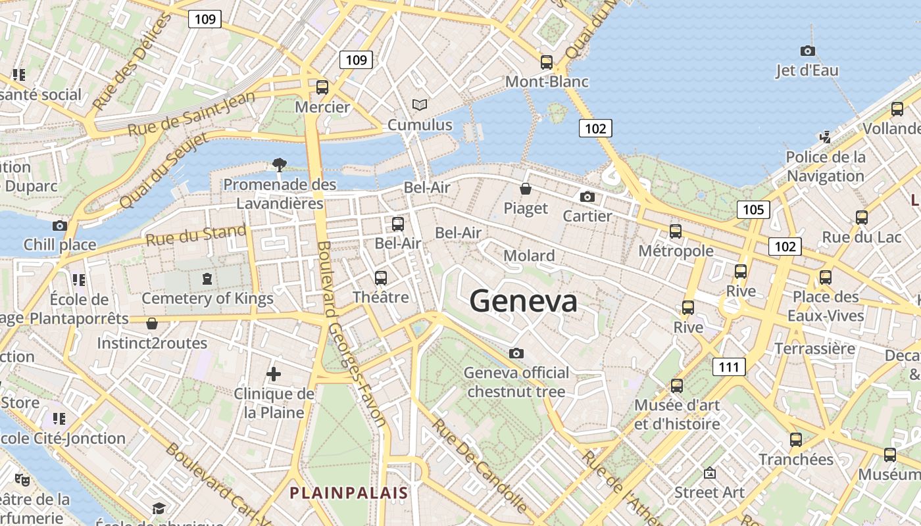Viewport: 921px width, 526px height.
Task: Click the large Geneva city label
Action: click(x=524, y=301)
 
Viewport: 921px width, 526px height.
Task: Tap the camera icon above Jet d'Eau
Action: click(x=807, y=51)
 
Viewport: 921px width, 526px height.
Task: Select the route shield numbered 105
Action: click(x=753, y=210)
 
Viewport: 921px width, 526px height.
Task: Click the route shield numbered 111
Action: click(x=729, y=367)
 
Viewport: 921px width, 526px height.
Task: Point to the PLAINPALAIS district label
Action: click(x=349, y=492)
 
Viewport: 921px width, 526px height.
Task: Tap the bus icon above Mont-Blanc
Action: click(x=547, y=62)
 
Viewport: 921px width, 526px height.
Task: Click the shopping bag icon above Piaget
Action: click(x=526, y=189)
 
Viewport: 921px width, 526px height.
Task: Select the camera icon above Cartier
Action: click(x=587, y=197)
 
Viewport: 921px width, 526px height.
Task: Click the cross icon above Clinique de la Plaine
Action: click(x=274, y=375)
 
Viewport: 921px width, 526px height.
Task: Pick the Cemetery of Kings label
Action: click(x=208, y=299)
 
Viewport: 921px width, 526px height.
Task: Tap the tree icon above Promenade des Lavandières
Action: click(x=280, y=164)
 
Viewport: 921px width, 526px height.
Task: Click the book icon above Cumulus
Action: click(x=420, y=105)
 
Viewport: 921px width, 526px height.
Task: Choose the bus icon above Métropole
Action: click(x=676, y=231)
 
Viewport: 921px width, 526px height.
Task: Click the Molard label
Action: click(x=529, y=256)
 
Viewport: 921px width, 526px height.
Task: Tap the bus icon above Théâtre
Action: click(x=381, y=278)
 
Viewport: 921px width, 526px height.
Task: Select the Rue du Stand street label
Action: click(x=196, y=235)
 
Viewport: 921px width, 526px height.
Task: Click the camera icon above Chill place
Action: click(x=60, y=226)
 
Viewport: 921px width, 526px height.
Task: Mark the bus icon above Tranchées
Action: click(x=796, y=440)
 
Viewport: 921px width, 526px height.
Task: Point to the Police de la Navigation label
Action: click(x=826, y=166)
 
